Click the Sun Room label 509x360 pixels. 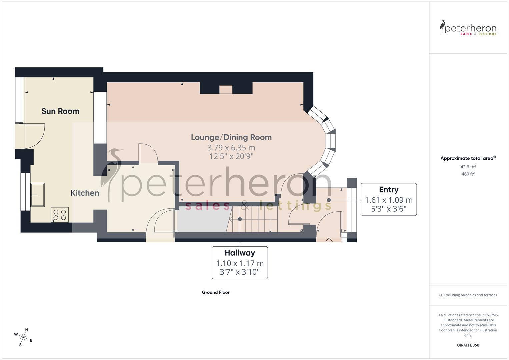tap(60, 111)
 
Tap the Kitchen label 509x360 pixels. tap(85, 193)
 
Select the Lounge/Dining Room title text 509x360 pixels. tap(231, 137)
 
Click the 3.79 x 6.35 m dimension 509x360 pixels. tap(231, 148)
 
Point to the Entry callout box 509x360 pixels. tap(389, 199)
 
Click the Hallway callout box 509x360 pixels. tap(240, 263)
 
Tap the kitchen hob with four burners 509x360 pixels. tap(60, 215)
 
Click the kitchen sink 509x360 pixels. tap(38, 195)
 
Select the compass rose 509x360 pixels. tap(23, 337)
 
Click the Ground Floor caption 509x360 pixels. tap(216, 292)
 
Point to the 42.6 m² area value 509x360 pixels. tap(468, 167)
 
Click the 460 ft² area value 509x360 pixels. tap(468, 174)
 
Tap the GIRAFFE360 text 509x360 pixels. tap(468, 345)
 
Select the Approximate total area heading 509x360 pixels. tap(468, 158)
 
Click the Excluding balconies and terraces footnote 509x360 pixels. tap(468, 295)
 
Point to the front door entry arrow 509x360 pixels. tap(329, 241)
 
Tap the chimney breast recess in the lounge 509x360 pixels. tap(226, 89)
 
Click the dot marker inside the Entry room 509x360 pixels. tap(329, 200)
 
